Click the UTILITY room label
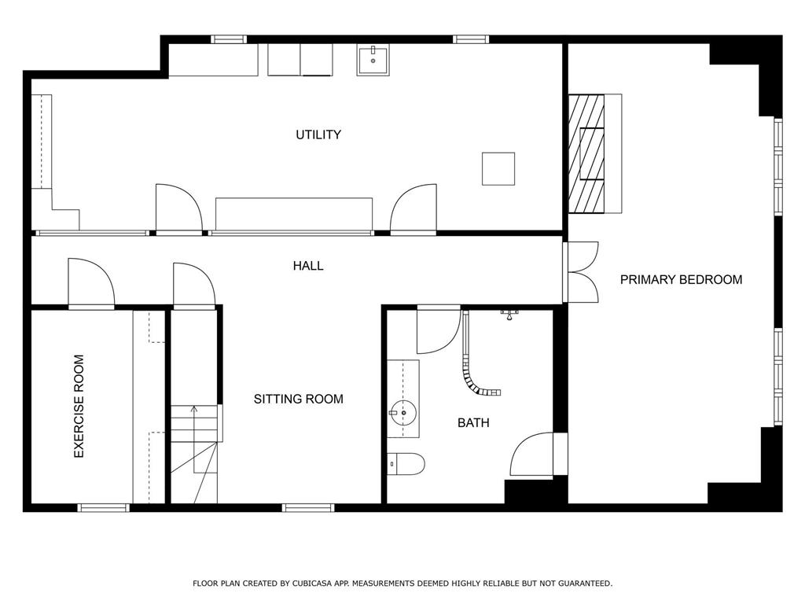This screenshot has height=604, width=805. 318,134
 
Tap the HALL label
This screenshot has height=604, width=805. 308,266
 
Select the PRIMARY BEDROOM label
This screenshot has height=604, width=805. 682,279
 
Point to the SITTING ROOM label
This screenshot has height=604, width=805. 298,399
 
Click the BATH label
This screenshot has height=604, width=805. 473,422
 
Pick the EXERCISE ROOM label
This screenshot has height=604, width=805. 79,407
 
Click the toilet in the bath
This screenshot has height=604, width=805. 406,464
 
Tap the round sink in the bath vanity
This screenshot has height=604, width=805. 403,412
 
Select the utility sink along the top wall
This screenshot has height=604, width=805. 373,60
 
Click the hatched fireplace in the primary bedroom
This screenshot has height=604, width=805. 586,153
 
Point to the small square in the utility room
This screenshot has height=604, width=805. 498,168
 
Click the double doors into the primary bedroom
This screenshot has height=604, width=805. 581,271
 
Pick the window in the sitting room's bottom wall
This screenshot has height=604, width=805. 308,508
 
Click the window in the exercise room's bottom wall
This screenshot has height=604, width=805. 104,508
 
